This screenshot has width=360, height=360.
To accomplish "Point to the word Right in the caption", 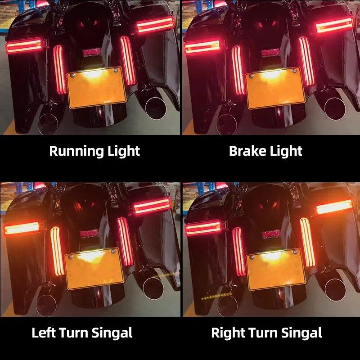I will coord(227,333).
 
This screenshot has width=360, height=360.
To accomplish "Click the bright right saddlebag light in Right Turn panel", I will coord(334,207).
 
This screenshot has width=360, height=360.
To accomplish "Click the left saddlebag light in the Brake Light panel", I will coord(202,46).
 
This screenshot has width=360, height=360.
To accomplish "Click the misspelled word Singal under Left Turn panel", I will coord(112,333).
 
